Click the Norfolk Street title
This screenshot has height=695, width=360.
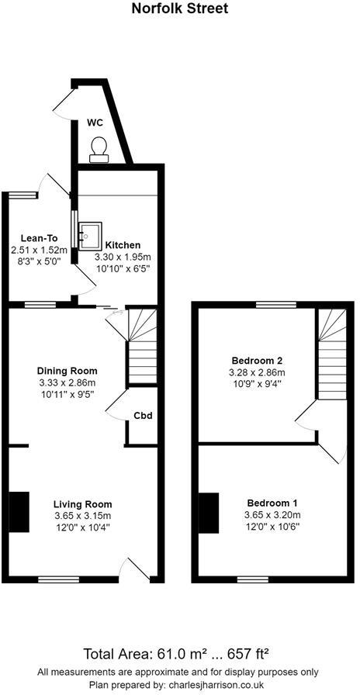[x=180, y=9]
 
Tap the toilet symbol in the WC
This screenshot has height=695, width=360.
[x=99, y=150]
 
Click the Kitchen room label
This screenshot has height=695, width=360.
[x=123, y=245]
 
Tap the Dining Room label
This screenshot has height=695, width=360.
[x=67, y=371]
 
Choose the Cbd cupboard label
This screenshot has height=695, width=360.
[x=144, y=416]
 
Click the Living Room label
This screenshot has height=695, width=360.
[x=82, y=504]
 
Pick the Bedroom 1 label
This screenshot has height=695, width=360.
[x=272, y=503]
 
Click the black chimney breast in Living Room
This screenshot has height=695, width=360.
[x=19, y=512]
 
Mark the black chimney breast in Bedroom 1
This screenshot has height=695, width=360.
[x=209, y=513]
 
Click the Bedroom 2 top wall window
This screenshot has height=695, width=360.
[x=276, y=305]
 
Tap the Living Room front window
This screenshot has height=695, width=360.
[x=58, y=579]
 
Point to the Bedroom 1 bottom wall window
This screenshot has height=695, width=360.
[x=253, y=579]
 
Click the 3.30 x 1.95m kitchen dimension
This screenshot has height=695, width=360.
[x=123, y=257]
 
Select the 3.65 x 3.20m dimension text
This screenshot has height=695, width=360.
[x=272, y=515]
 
